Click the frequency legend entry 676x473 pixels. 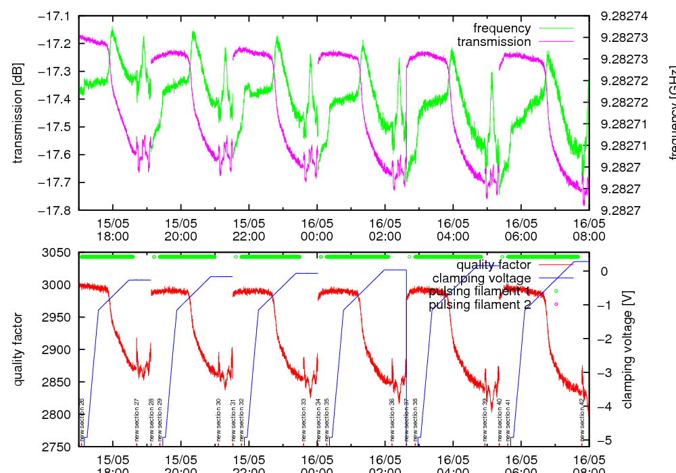tap(502, 28)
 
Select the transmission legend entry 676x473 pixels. tap(493, 42)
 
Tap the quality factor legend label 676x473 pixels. tap(493, 265)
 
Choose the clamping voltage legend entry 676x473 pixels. tap(481, 278)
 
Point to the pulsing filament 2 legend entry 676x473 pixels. tap(479, 305)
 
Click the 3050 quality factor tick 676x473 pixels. tap(58, 253)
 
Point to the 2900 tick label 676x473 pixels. tap(58, 350)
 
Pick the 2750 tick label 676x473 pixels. tap(58, 447)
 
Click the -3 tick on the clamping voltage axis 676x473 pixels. tap(603, 372)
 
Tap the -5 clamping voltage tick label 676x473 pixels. tap(603, 440)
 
